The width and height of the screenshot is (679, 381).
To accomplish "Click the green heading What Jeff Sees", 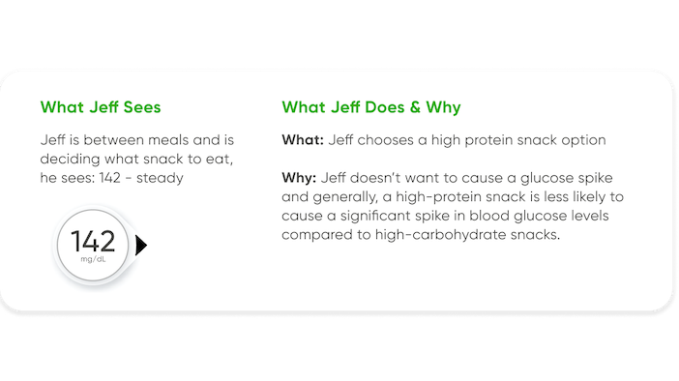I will (x=100, y=106).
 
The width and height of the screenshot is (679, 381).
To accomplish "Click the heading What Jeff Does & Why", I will (x=370, y=106).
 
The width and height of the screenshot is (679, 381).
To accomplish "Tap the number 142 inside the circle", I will (x=93, y=241).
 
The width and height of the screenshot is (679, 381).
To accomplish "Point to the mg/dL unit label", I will (x=94, y=260).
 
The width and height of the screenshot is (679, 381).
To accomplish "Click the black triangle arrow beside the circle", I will (x=141, y=247).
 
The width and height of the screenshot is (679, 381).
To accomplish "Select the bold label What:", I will (x=303, y=140).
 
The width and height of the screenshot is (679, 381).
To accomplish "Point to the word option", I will (x=583, y=140).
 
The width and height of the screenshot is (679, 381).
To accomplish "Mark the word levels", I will (x=583, y=216).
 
